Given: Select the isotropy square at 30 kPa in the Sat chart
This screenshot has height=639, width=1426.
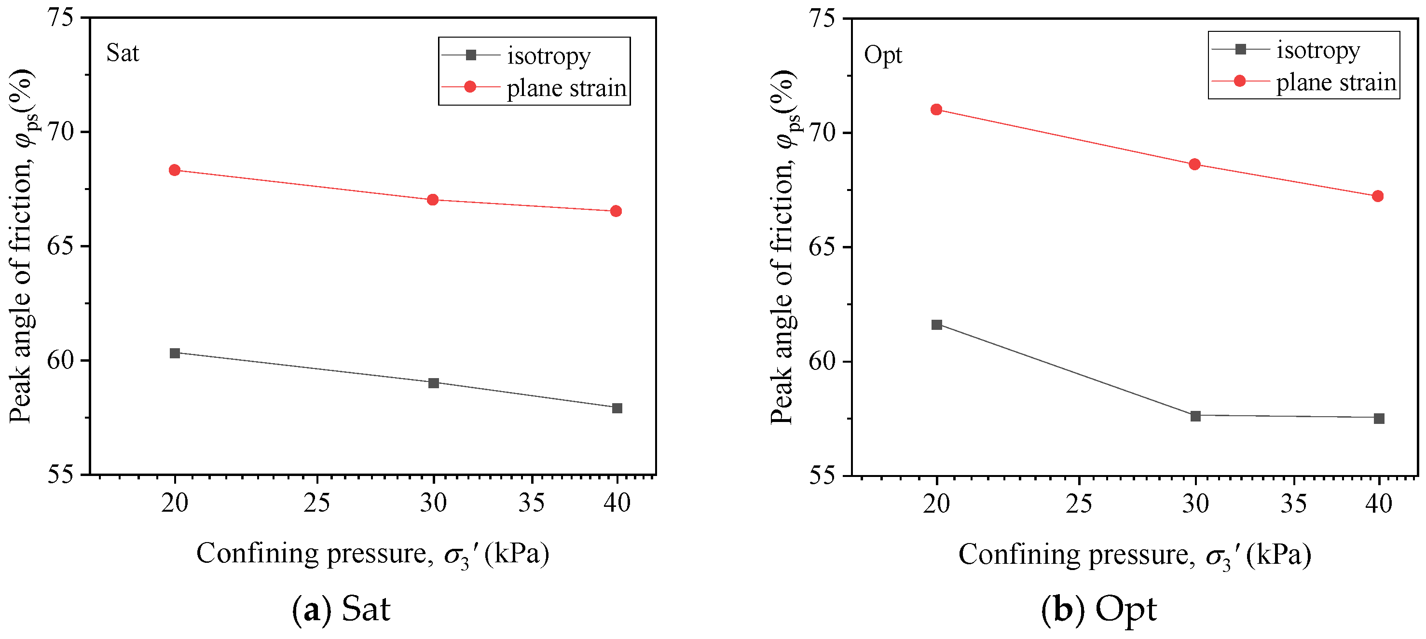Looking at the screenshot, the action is click(x=434, y=383).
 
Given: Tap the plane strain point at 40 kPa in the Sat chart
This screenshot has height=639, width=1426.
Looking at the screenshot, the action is click(x=616, y=211).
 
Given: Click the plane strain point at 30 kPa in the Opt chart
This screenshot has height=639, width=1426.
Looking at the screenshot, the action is click(x=1194, y=164).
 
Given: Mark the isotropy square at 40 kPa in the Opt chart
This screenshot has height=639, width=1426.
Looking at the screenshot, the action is click(x=1379, y=418).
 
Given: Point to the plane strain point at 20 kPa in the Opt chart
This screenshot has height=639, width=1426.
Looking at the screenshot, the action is click(x=936, y=109).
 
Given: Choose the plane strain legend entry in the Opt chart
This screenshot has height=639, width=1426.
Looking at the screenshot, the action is click(x=1303, y=82).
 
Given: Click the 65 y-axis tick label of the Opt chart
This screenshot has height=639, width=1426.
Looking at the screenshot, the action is click(x=823, y=247).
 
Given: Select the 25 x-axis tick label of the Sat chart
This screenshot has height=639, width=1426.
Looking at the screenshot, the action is click(x=316, y=503).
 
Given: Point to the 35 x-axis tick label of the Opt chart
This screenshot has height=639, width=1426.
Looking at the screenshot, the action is click(x=1294, y=503).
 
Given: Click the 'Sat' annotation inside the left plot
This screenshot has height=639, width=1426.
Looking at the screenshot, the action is click(x=123, y=53).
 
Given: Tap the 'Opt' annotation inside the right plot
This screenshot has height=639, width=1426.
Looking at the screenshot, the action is click(x=883, y=55).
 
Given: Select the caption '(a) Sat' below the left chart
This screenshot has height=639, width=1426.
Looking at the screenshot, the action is click(x=341, y=609).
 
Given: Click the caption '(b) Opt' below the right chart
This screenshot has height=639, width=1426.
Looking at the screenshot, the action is click(x=1098, y=610).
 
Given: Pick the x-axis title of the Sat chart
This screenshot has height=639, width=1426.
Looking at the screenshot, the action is click(x=372, y=554).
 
